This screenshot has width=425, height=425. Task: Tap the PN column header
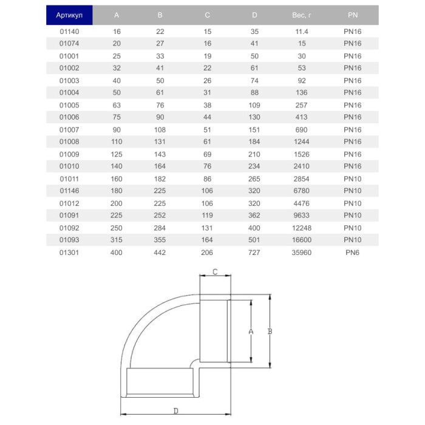(353, 15)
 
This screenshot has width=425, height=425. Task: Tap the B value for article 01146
(160, 191)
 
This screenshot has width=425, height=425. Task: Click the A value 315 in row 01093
(117, 240)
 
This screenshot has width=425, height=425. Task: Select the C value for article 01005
(208, 104)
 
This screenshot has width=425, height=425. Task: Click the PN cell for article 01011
(353, 178)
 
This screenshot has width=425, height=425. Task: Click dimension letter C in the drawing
(215, 273)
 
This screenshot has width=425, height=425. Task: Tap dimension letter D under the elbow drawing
(176, 410)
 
